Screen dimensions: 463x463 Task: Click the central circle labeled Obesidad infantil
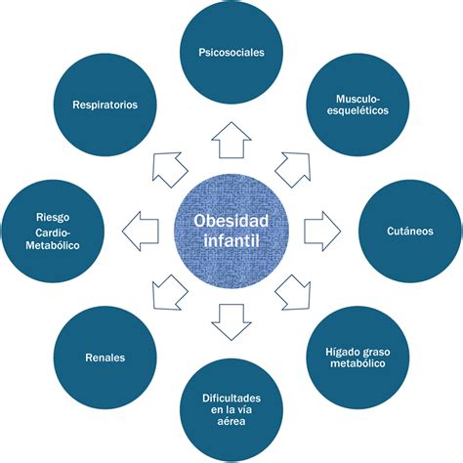231,231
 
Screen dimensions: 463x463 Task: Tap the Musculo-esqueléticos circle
358,104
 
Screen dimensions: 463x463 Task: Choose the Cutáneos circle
409,231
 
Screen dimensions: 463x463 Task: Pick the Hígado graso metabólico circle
356,358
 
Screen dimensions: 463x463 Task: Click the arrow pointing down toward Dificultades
231,320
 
